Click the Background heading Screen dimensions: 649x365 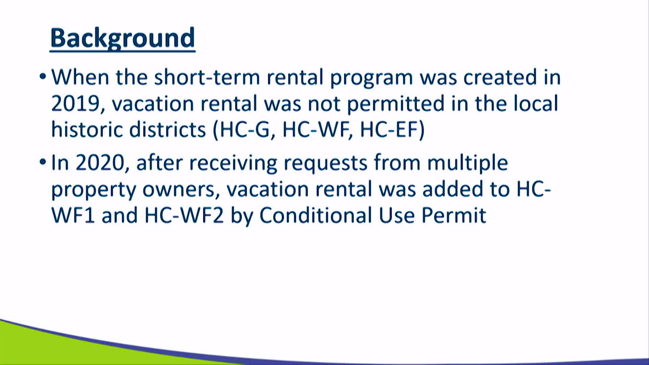[123, 39]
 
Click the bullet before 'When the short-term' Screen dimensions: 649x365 [43, 76]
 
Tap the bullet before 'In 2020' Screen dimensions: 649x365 [43, 162]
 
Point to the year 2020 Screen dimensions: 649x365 [100, 163]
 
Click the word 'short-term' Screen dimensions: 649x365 [207, 77]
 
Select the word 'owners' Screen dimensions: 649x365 [178, 190]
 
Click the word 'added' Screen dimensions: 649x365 [453, 189]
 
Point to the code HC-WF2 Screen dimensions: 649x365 [184, 215]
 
